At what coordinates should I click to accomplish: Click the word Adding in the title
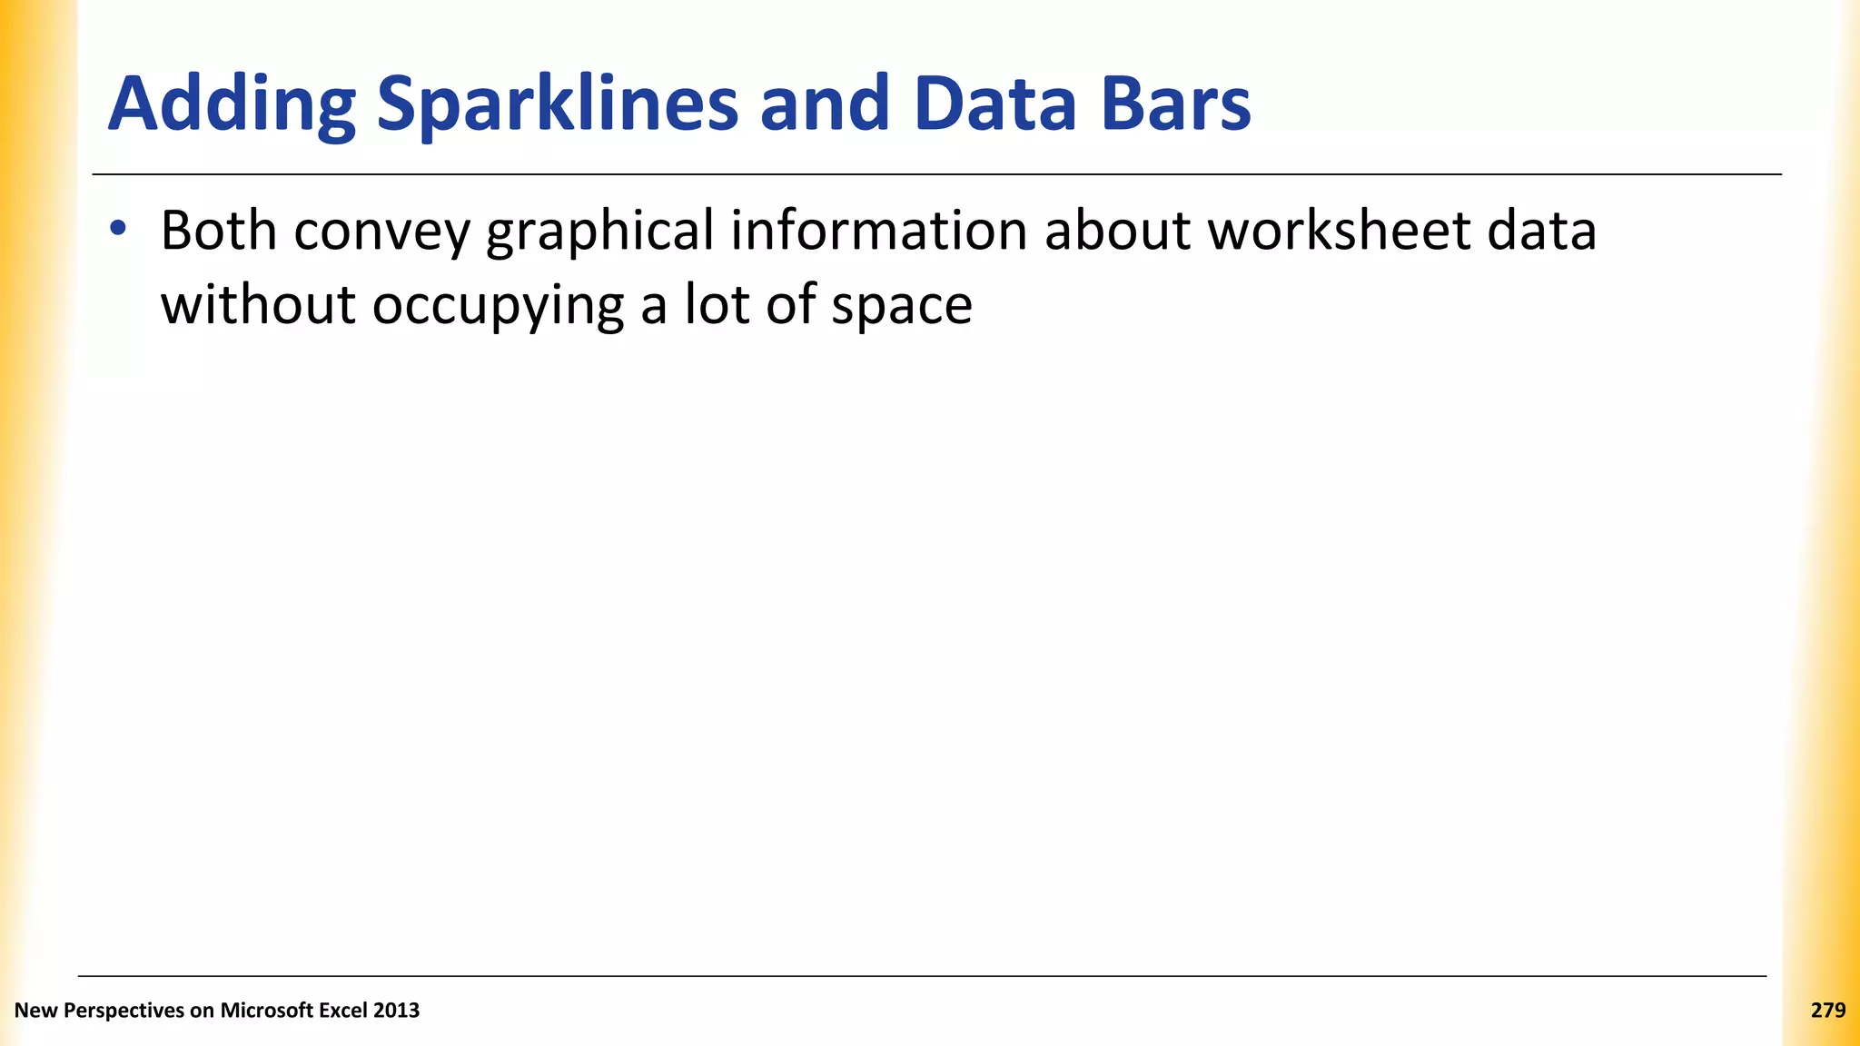232,104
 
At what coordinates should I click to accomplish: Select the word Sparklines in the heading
558,104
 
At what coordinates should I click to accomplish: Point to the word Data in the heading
995,104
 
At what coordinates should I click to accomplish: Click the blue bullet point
118,229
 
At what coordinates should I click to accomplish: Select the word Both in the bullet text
219,231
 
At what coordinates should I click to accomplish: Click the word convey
381,232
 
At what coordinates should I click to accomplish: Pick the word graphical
600,232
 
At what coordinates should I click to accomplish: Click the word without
258,304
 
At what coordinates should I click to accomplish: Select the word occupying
498,306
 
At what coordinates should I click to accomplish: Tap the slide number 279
1827,1011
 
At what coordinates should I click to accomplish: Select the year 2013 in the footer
396,1011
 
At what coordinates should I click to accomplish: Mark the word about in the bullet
1117,231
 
